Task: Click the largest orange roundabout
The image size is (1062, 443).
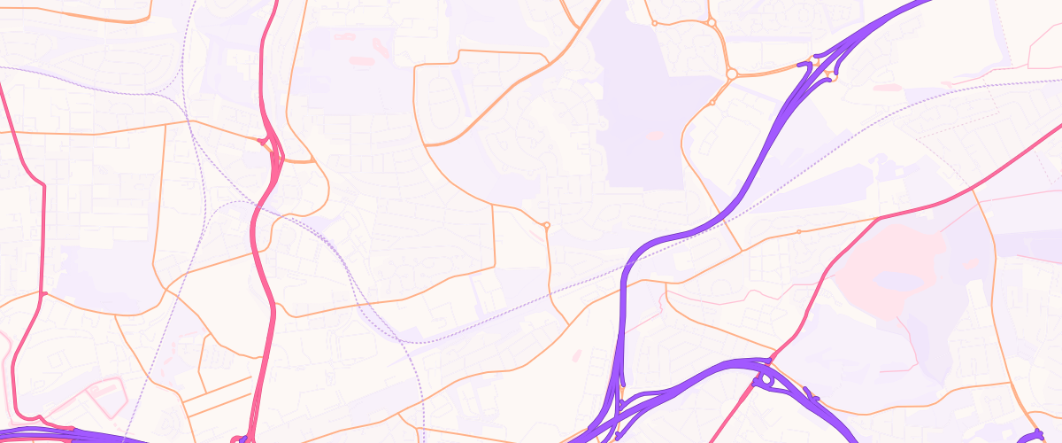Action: [x=732, y=74]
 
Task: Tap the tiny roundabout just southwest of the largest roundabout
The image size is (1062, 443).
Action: [x=712, y=103]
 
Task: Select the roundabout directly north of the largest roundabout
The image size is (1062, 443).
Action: [x=711, y=22]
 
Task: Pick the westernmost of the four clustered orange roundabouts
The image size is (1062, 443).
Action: [x=654, y=23]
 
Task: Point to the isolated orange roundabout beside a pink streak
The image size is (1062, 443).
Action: [x=547, y=225]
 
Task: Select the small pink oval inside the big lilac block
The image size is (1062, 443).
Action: [x=655, y=136]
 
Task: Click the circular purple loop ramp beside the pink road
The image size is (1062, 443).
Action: [x=766, y=378]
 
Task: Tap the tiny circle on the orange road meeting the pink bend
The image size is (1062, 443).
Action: [x=798, y=232]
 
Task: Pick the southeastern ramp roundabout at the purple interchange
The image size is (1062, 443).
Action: [x=832, y=79]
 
